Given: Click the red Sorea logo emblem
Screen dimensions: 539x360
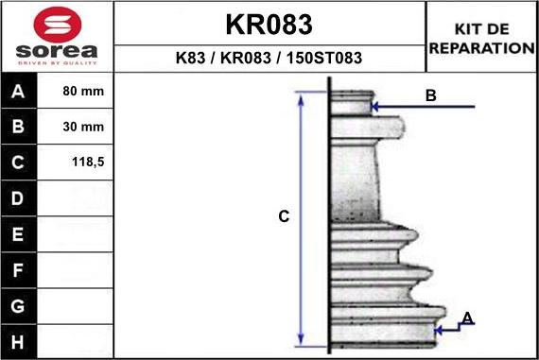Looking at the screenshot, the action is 58,25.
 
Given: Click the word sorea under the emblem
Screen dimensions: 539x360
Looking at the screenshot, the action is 57,51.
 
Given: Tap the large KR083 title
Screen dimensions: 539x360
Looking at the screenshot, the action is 269,25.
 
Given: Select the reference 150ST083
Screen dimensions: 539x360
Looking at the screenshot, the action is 323,58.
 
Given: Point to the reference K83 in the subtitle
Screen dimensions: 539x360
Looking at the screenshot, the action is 190,58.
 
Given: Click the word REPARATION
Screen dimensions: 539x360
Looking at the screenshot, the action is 482,48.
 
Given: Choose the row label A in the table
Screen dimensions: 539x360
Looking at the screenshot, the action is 18,91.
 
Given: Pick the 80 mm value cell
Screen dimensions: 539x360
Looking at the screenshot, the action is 83,91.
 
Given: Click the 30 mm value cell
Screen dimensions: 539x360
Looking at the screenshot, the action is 83,127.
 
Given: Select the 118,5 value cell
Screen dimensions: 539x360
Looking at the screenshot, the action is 88,162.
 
